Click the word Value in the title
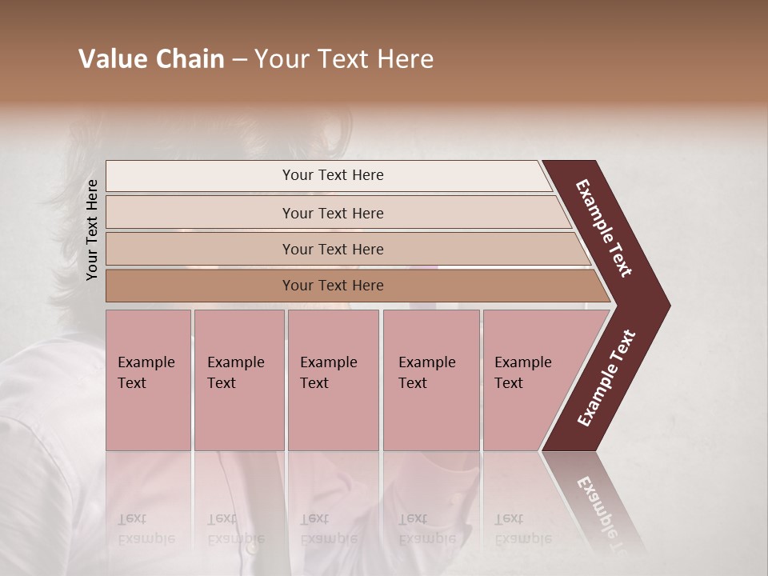[x=113, y=59]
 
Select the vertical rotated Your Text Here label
[x=92, y=230]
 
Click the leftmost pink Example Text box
[x=148, y=380]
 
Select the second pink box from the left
[x=239, y=380]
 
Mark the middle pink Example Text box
[x=333, y=380]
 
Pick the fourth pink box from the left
[x=431, y=380]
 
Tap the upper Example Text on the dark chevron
[x=604, y=228]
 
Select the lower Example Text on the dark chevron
[x=606, y=378]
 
